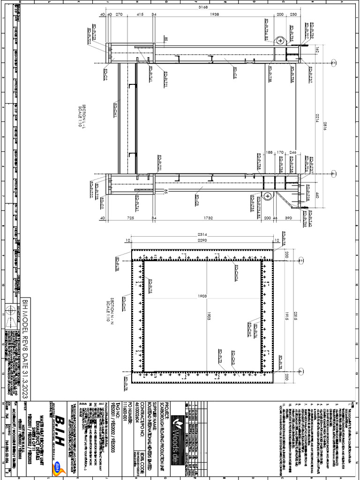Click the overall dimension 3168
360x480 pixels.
[x=203, y=7]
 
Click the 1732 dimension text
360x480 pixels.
[x=209, y=218]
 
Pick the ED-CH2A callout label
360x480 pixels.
[x=235, y=273]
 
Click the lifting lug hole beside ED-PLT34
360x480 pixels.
[x=280, y=41]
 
